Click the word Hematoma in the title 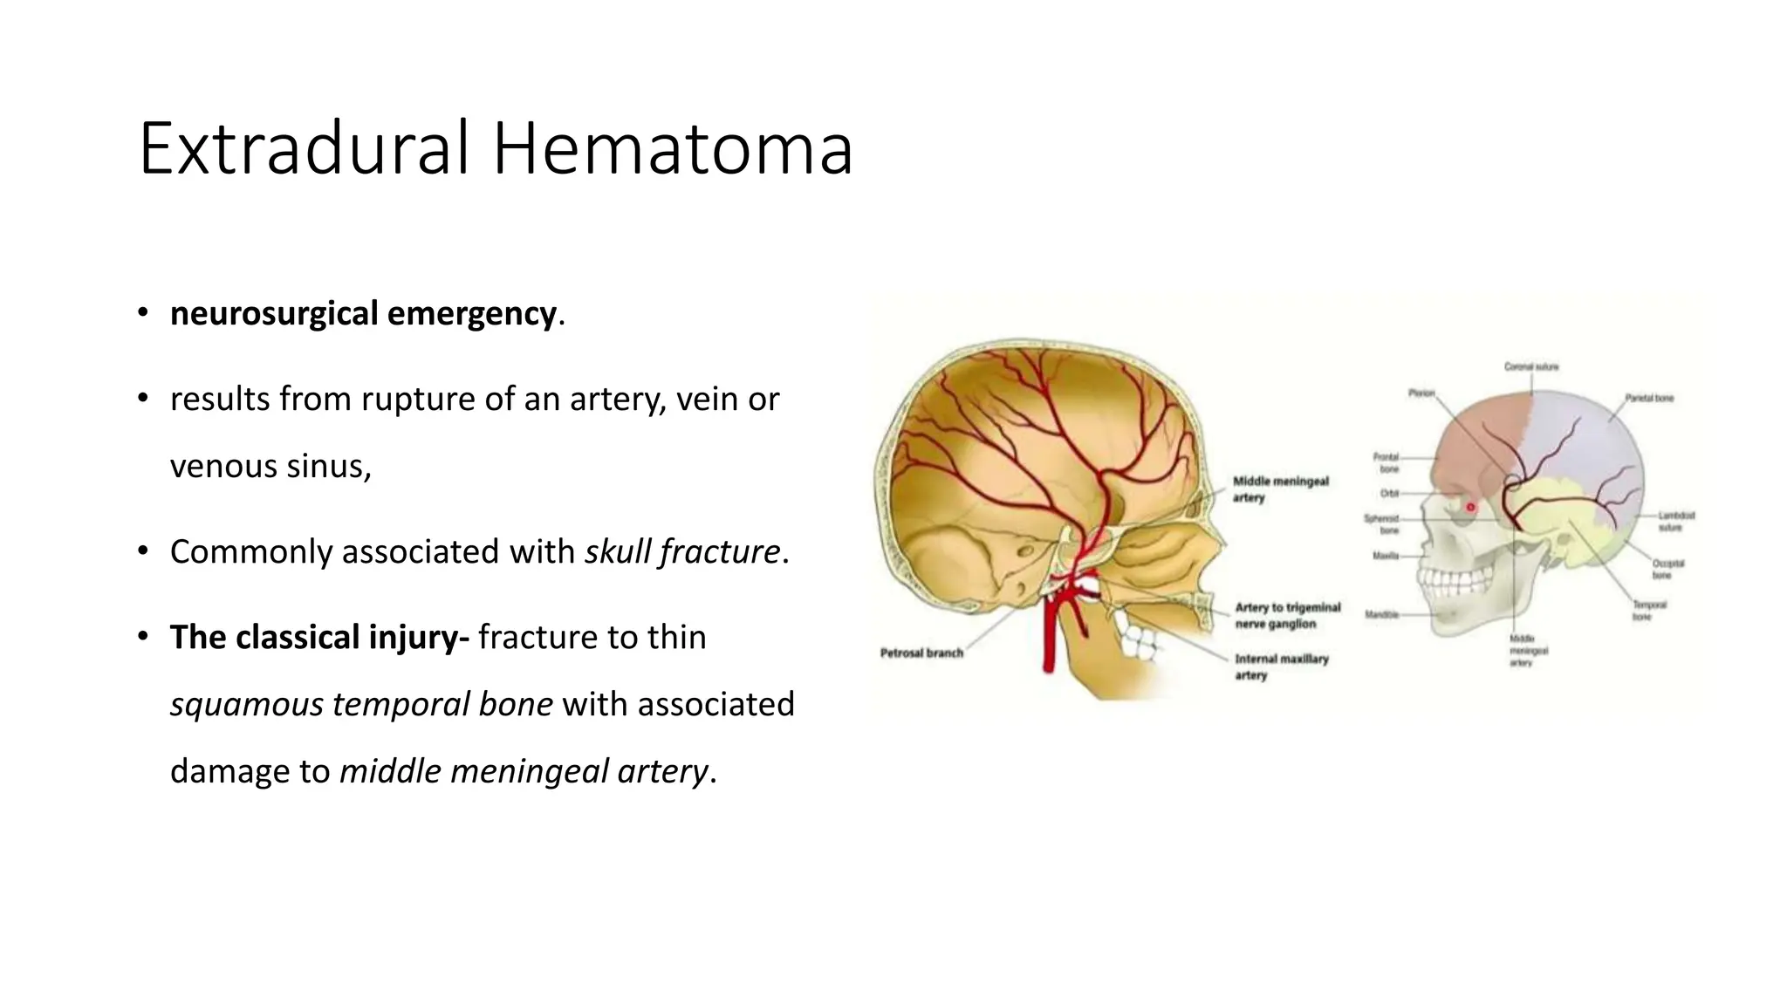[x=672, y=149]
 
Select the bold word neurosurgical [x=274, y=314]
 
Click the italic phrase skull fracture [x=682, y=552]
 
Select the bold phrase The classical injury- [x=319, y=638]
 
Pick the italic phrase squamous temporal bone [x=361, y=705]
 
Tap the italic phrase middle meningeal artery [x=524, y=772]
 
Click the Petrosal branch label [x=921, y=653]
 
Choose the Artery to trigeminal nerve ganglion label [x=1287, y=616]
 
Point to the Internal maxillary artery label [x=1281, y=667]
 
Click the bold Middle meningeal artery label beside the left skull [x=1280, y=489]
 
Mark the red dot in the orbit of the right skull [x=1470, y=507]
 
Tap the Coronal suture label [x=1530, y=367]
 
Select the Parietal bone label [x=1649, y=399]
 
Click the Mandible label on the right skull [x=1381, y=615]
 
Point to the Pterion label [x=1421, y=393]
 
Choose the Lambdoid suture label [x=1675, y=522]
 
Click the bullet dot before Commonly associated [x=142, y=552]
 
